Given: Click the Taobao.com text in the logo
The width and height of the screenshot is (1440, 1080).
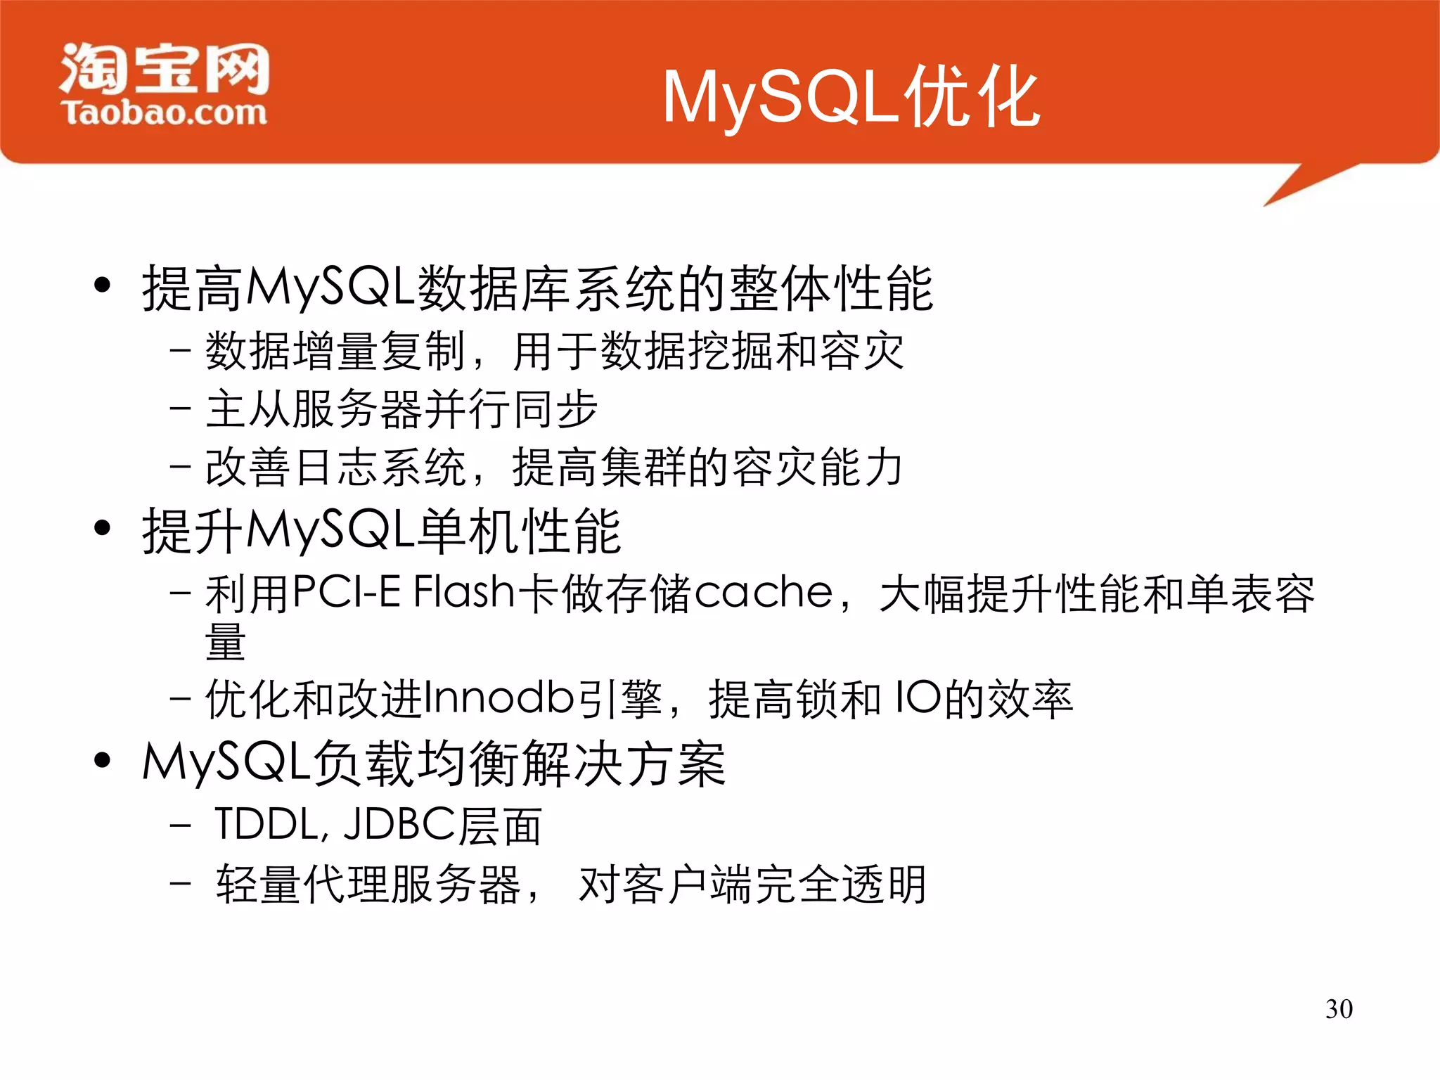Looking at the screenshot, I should click(x=164, y=112).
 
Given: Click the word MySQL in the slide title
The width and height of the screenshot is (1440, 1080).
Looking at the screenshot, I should click(x=780, y=98).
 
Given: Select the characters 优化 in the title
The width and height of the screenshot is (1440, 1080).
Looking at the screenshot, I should click(x=972, y=98).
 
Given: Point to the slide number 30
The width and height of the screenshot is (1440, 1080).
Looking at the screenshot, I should click(x=1339, y=1009).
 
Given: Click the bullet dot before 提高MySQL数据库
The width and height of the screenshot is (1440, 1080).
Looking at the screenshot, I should click(x=103, y=285).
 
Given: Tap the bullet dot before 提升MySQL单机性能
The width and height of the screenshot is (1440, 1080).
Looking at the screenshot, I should click(x=103, y=528).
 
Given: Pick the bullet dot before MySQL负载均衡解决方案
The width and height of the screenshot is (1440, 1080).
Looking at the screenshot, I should click(x=103, y=760).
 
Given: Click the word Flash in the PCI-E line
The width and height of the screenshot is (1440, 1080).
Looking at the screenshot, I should click(x=464, y=592).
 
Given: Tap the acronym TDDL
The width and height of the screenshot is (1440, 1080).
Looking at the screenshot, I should click(x=270, y=824).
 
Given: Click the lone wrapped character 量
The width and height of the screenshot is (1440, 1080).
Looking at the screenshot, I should click(x=225, y=643).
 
